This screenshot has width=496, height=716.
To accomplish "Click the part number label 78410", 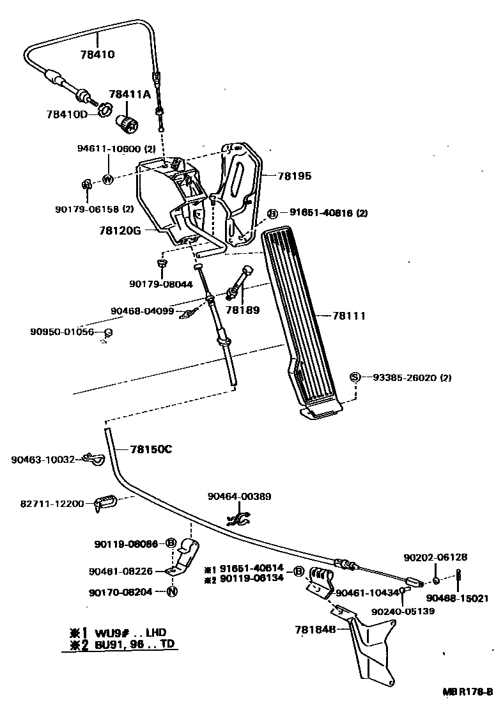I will (x=97, y=54).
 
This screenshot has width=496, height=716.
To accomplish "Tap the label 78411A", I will (x=129, y=95).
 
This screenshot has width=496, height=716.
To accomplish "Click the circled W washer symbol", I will (x=107, y=179).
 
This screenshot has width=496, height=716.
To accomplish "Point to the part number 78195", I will (x=294, y=175).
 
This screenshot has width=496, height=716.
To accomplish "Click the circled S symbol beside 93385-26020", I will (x=355, y=377).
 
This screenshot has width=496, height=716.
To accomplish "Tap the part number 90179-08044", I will (x=160, y=284).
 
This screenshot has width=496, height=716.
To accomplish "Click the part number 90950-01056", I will (x=61, y=332).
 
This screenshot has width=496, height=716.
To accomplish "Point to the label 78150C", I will (x=151, y=449).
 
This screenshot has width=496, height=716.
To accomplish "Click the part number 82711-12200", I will (x=52, y=504).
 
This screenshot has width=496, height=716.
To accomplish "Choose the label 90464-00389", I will (x=234, y=496).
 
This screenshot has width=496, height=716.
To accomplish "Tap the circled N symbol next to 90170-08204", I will (x=171, y=592).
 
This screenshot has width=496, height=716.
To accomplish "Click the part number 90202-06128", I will (x=435, y=557).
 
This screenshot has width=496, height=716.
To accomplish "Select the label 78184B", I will (x=316, y=629).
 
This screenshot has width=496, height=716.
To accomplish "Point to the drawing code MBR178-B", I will (x=468, y=692).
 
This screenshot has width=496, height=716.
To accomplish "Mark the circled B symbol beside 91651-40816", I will (x=272, y=213).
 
